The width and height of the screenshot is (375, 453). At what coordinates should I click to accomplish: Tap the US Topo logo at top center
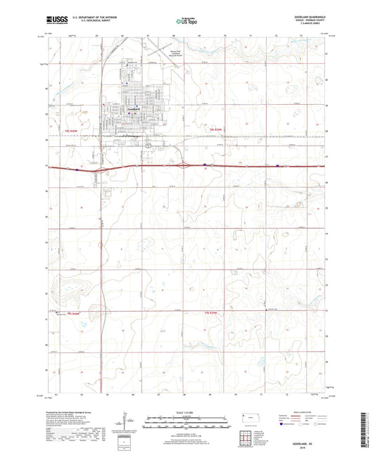tap(183, 23)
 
